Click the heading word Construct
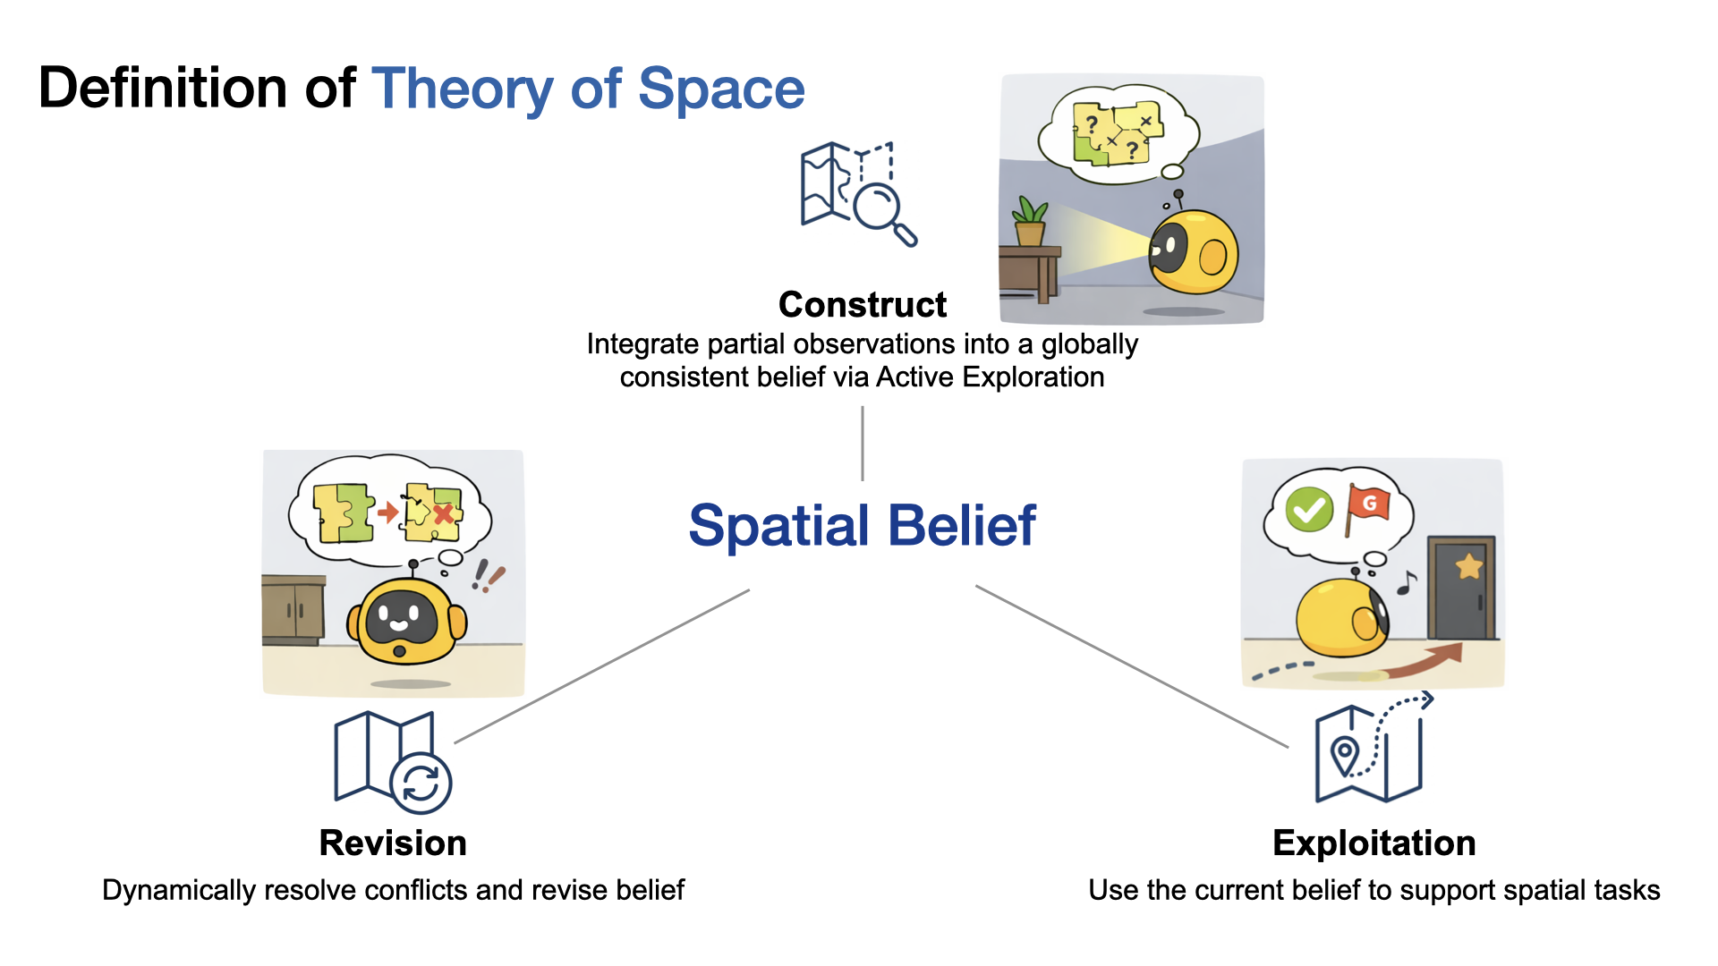(862, 305)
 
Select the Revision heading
(393, 843)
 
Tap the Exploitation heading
(1374, 843)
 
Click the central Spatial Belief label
(862, 526)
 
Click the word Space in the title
(721, 89)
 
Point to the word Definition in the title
(163, 89)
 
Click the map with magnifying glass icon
(857, 192)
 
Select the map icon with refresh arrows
(392, 762)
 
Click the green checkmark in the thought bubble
(1309, 510)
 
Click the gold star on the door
(1468, 566)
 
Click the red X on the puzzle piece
(443, 513)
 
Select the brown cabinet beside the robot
(293, 609)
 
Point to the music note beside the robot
(1407, 583)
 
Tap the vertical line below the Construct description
(862, 444)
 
